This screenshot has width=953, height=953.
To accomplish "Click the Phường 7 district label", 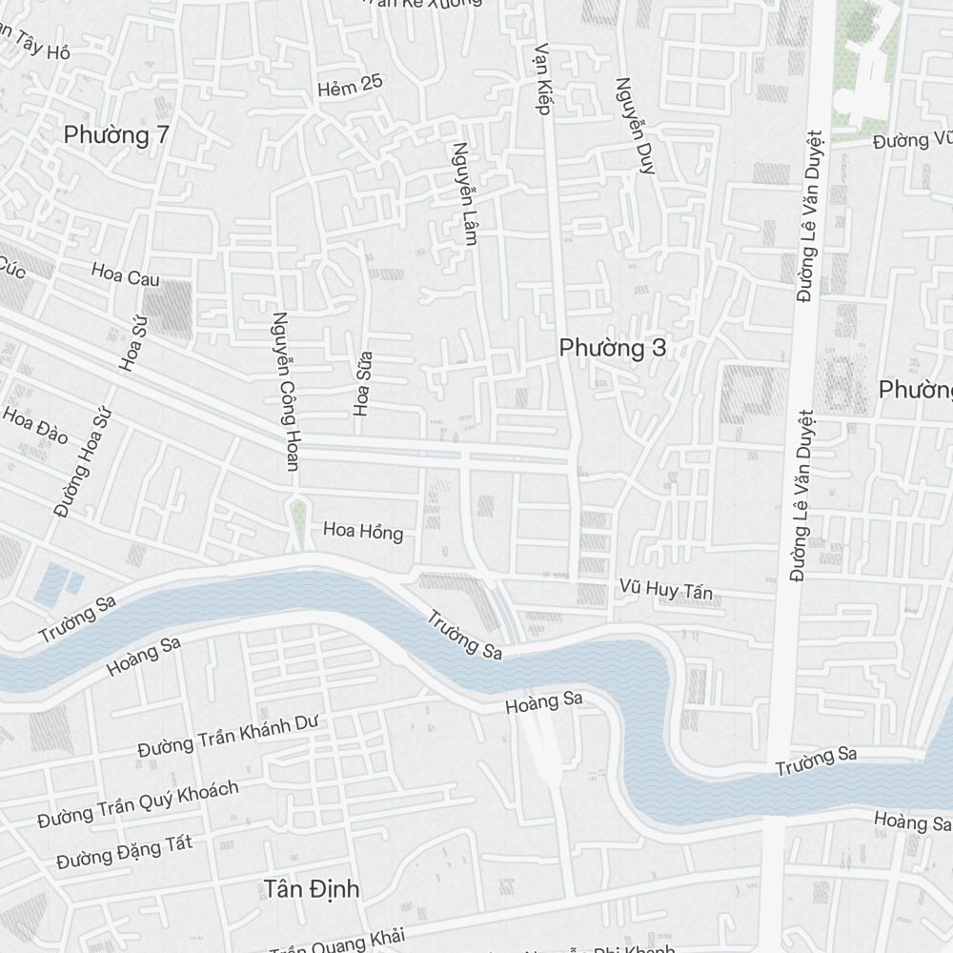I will (116, 135).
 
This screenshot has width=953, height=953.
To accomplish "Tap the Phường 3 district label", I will (613, 349).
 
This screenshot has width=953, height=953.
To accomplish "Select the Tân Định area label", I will (312, 889).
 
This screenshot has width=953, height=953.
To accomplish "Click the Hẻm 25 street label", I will (350, 86).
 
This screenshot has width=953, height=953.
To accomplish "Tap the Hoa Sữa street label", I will (363, 384).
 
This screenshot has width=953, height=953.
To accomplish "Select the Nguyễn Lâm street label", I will (463, 194).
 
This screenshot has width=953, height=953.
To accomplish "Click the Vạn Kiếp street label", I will (542, 78).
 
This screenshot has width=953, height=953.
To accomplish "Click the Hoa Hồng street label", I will (363, 531).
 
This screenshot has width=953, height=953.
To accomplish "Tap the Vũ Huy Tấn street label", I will (665, 591).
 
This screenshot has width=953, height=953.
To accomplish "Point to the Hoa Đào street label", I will (35, 425).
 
